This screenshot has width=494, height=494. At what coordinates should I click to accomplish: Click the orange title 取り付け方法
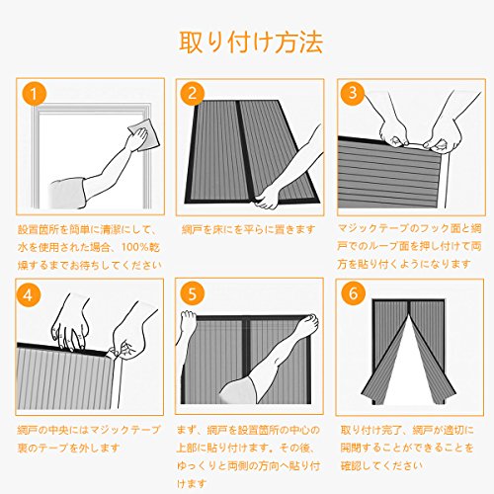click(x=251, y=42)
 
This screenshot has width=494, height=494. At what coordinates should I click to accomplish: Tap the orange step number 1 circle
click(x=34, y=94)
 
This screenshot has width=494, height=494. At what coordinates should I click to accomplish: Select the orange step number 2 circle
click(x=192, y=93)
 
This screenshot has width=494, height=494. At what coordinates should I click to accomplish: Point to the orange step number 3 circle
click(x=353, y=93)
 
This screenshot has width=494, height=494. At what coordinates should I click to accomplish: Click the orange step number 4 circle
click(x=28, y=294)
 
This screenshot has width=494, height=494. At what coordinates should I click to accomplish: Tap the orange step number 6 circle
click(x=353, y=292)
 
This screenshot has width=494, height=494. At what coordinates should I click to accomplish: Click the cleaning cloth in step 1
click(x=144, y=135)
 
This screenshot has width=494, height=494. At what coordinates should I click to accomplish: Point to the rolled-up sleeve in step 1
click(x=67, y=193)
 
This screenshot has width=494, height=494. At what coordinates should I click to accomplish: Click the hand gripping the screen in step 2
click(x=267, y=199)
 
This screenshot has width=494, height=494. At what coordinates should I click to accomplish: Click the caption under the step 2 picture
click(x=249, y=229)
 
